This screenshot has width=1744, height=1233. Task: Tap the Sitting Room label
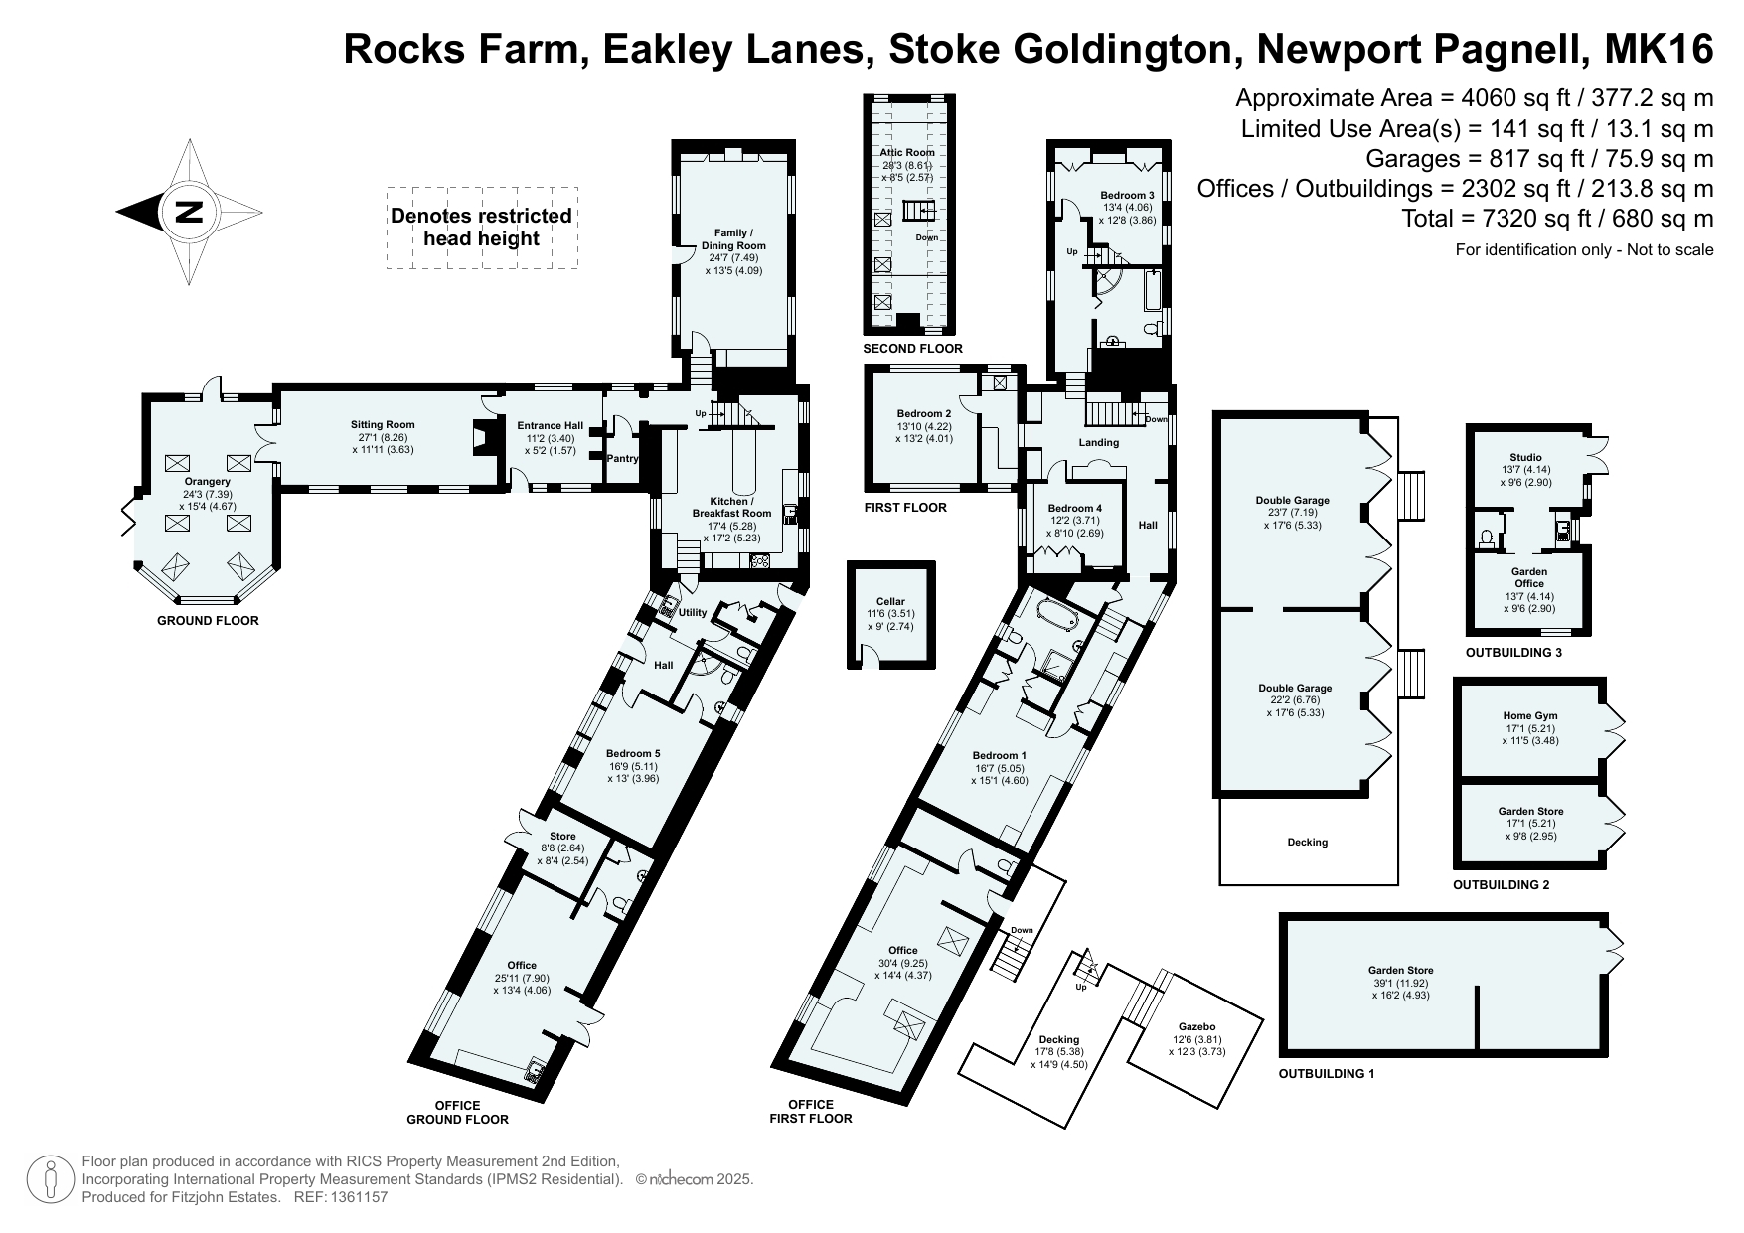383,425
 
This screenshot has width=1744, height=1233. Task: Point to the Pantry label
622,458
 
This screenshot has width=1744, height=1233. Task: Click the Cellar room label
890,601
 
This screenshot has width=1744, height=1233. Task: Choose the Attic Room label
907,152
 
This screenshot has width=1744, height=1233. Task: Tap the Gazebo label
1197,1027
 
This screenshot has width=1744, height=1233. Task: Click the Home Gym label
1530,715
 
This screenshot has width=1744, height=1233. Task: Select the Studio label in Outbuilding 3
1525,458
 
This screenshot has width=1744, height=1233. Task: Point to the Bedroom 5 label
634,754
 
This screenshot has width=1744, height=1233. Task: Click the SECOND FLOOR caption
912,349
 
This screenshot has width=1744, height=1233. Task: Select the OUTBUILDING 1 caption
1327,1074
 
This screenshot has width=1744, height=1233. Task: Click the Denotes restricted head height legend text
481,227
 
